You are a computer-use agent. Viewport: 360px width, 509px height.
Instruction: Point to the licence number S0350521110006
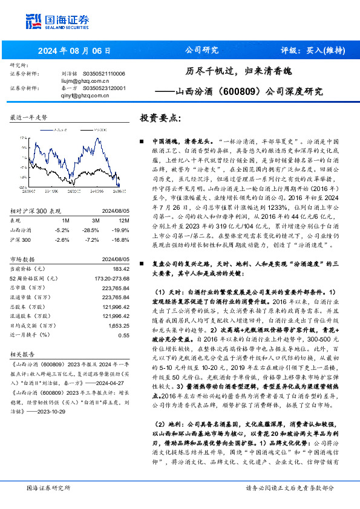pyautogui.click(x=103, y=73)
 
